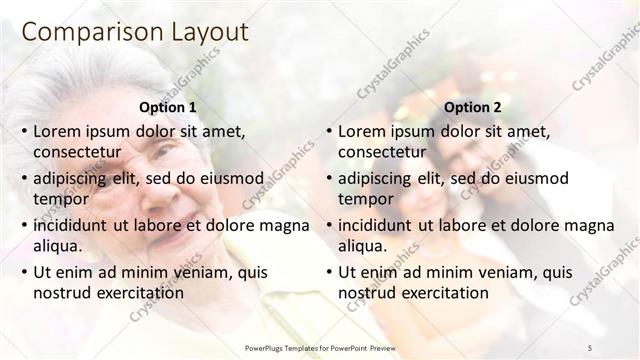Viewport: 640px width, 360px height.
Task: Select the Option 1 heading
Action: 166,107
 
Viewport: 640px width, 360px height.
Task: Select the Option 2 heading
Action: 472,107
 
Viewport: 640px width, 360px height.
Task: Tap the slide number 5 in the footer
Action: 590,348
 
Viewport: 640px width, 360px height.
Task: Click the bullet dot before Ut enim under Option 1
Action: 24,271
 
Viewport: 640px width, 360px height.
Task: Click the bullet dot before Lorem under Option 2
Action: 329,131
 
